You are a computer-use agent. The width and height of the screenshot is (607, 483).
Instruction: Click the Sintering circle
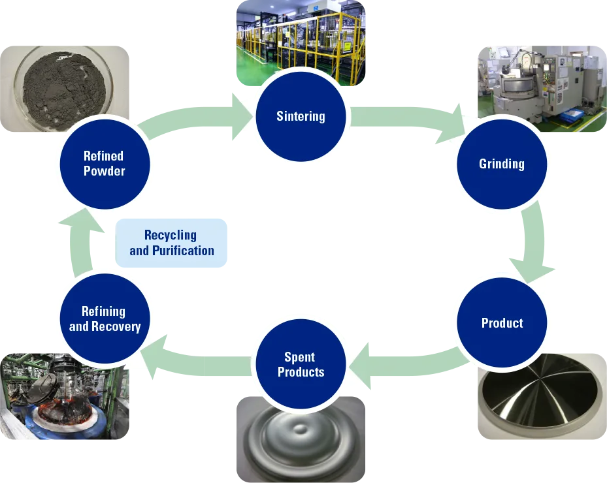[301, 117]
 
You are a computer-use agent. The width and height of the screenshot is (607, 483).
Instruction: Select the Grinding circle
[501, 164]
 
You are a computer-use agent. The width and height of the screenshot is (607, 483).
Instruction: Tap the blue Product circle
[501, 323]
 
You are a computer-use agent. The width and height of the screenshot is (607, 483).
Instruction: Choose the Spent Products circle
[301, 365]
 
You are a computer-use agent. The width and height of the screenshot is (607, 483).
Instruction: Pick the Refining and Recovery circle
[105, 319]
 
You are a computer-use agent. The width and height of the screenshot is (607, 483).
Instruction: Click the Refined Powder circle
[105, 164]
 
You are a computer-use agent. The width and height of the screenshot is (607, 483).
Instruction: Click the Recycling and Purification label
[172, 243]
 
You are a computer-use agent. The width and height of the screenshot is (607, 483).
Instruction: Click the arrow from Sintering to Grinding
[405, 124]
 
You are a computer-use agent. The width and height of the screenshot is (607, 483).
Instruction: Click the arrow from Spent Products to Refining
[196, 352]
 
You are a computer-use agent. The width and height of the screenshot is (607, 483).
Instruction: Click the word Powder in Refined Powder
[105, 172]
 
